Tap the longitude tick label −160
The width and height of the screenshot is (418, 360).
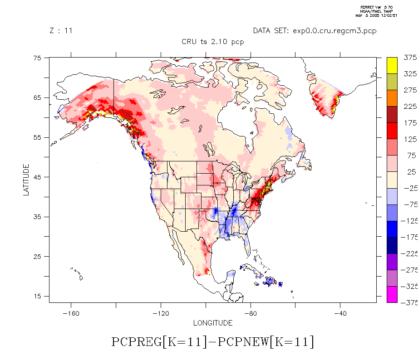click(70, 313)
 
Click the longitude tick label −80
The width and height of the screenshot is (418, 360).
click(251, 313)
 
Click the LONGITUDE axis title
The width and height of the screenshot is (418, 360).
click(213, 323)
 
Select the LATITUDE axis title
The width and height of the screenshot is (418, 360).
click(26, 180)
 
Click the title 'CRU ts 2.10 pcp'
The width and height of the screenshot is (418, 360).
click(212, 42)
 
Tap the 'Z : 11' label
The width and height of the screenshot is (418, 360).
click(61, 31)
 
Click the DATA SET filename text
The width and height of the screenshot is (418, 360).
click(315, 31)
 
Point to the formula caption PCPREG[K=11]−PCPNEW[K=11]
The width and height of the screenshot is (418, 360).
click(212, 342)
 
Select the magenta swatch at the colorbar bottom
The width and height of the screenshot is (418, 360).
click(392, 294)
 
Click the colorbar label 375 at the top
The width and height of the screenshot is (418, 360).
click(410, 58)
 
